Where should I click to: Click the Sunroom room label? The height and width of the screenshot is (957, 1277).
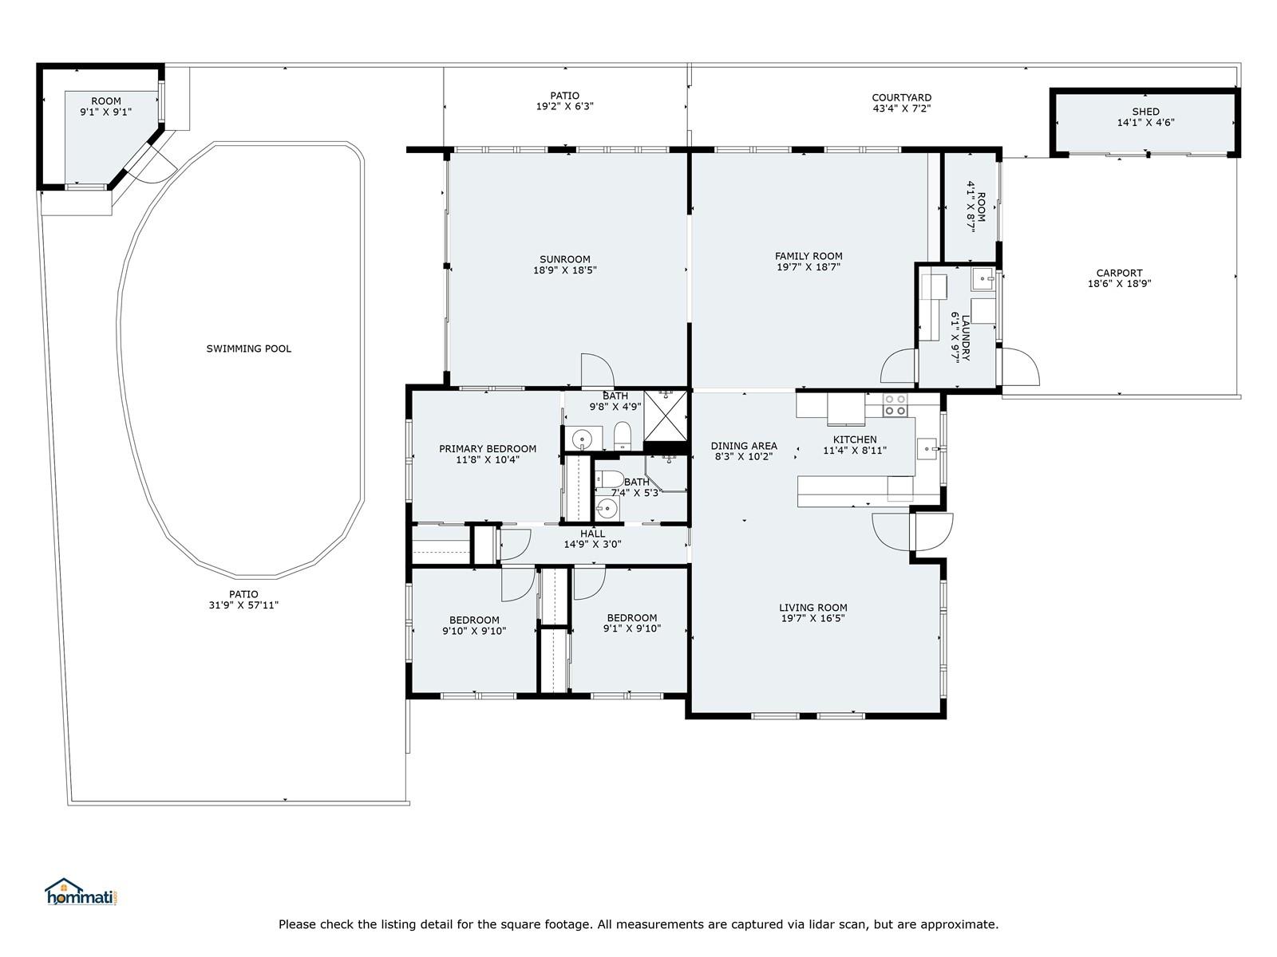pos(564,259)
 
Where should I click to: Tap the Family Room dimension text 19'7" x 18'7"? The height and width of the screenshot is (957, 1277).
pos(808,267)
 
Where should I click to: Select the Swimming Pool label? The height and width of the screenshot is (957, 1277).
pos(248,349)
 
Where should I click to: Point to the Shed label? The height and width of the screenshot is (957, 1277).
pos(1145,112)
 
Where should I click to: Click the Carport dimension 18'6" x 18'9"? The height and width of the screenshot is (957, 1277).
pos(1119,284)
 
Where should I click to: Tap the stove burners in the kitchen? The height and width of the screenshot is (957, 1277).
pos(895,405)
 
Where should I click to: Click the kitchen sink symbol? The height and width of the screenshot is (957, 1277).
pos(927,449)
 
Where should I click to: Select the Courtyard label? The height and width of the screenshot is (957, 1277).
pos(901,97)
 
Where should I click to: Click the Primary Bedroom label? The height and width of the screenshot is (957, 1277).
pos(488,448)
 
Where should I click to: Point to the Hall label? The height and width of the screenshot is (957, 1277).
pos(592,534)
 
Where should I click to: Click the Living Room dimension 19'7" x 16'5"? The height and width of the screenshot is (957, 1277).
pos(812,618)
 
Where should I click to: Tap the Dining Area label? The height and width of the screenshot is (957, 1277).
pos(744,446)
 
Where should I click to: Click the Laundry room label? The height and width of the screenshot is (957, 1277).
pos(966,338)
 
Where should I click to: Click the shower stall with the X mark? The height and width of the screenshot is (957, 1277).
pos(666,416)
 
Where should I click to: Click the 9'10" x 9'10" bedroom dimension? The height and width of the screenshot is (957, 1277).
pos(474,631)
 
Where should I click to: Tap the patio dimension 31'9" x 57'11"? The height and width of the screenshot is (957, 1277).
pos(243,605)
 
